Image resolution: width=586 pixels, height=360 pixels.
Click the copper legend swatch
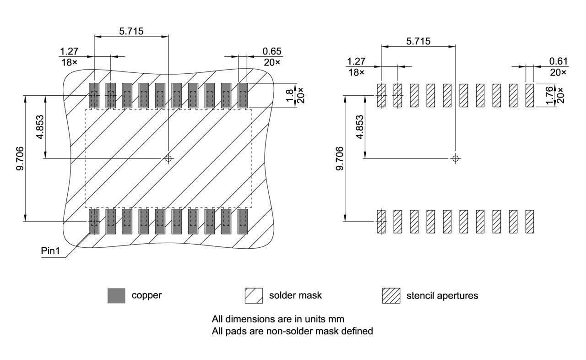pos(116,295)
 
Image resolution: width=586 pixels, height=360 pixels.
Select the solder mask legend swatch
pos(254,295)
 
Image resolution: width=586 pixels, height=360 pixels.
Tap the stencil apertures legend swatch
pos(391,295)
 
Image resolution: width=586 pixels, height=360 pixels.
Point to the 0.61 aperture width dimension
pos(558,61)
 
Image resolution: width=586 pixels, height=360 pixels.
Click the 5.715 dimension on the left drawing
pos(131,31)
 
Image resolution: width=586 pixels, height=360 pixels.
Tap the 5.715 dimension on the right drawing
pos(418,41)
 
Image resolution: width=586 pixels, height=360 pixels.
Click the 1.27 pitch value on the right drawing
pos(356,61)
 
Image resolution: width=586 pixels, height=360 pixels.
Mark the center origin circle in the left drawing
pos(168,158)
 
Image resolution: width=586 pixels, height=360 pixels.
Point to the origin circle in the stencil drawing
pos(455,158)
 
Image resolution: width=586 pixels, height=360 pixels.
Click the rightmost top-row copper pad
pos(243,96)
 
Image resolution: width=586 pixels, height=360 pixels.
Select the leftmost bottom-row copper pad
pos(94,222)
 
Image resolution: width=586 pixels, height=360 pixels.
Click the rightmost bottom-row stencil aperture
pos(530,222)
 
